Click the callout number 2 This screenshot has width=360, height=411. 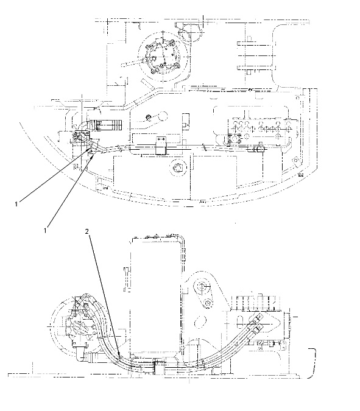pos(87,231)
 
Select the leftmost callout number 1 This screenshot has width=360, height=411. pos(16,203)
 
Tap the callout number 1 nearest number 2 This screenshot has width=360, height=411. pos(45,230)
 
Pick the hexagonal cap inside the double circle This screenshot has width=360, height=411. pos(178,167)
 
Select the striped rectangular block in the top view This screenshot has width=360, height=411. pos(106,125)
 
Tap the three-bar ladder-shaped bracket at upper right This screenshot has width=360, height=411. pos(256,56)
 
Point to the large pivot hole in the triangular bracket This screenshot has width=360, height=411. pos(202,286)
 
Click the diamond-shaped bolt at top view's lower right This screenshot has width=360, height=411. pos(295,160)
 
